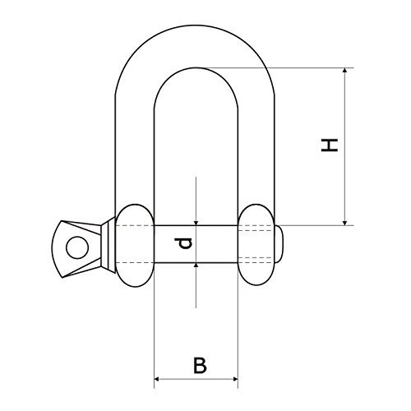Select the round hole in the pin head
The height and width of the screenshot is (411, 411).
tap(75, 244)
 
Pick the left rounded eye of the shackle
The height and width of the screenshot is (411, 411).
tap(133, 245)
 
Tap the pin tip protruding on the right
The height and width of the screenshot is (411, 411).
tap(283, 244)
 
